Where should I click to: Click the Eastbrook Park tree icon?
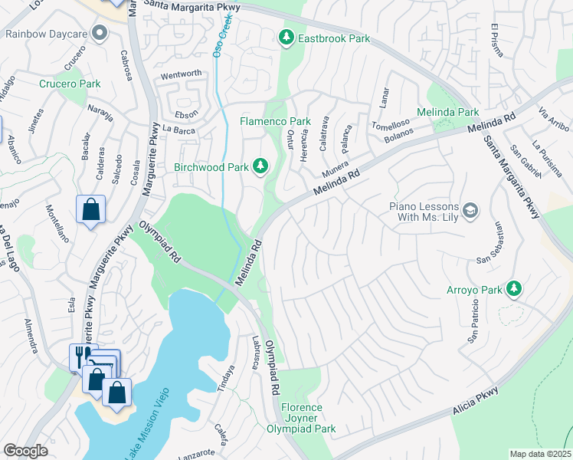pos(286,37)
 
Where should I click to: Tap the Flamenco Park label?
pos(275,121)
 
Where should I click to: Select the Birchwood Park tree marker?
pos(261,165)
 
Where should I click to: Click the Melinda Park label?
pos(447,112)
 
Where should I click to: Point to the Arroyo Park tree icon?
pos(516,288)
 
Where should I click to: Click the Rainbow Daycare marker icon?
pos(99,32)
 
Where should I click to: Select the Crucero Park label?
pos(70,84)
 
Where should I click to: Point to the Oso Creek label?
pos(227,34)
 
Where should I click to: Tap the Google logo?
pos(25,451)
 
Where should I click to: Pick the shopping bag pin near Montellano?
pos(90,209)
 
